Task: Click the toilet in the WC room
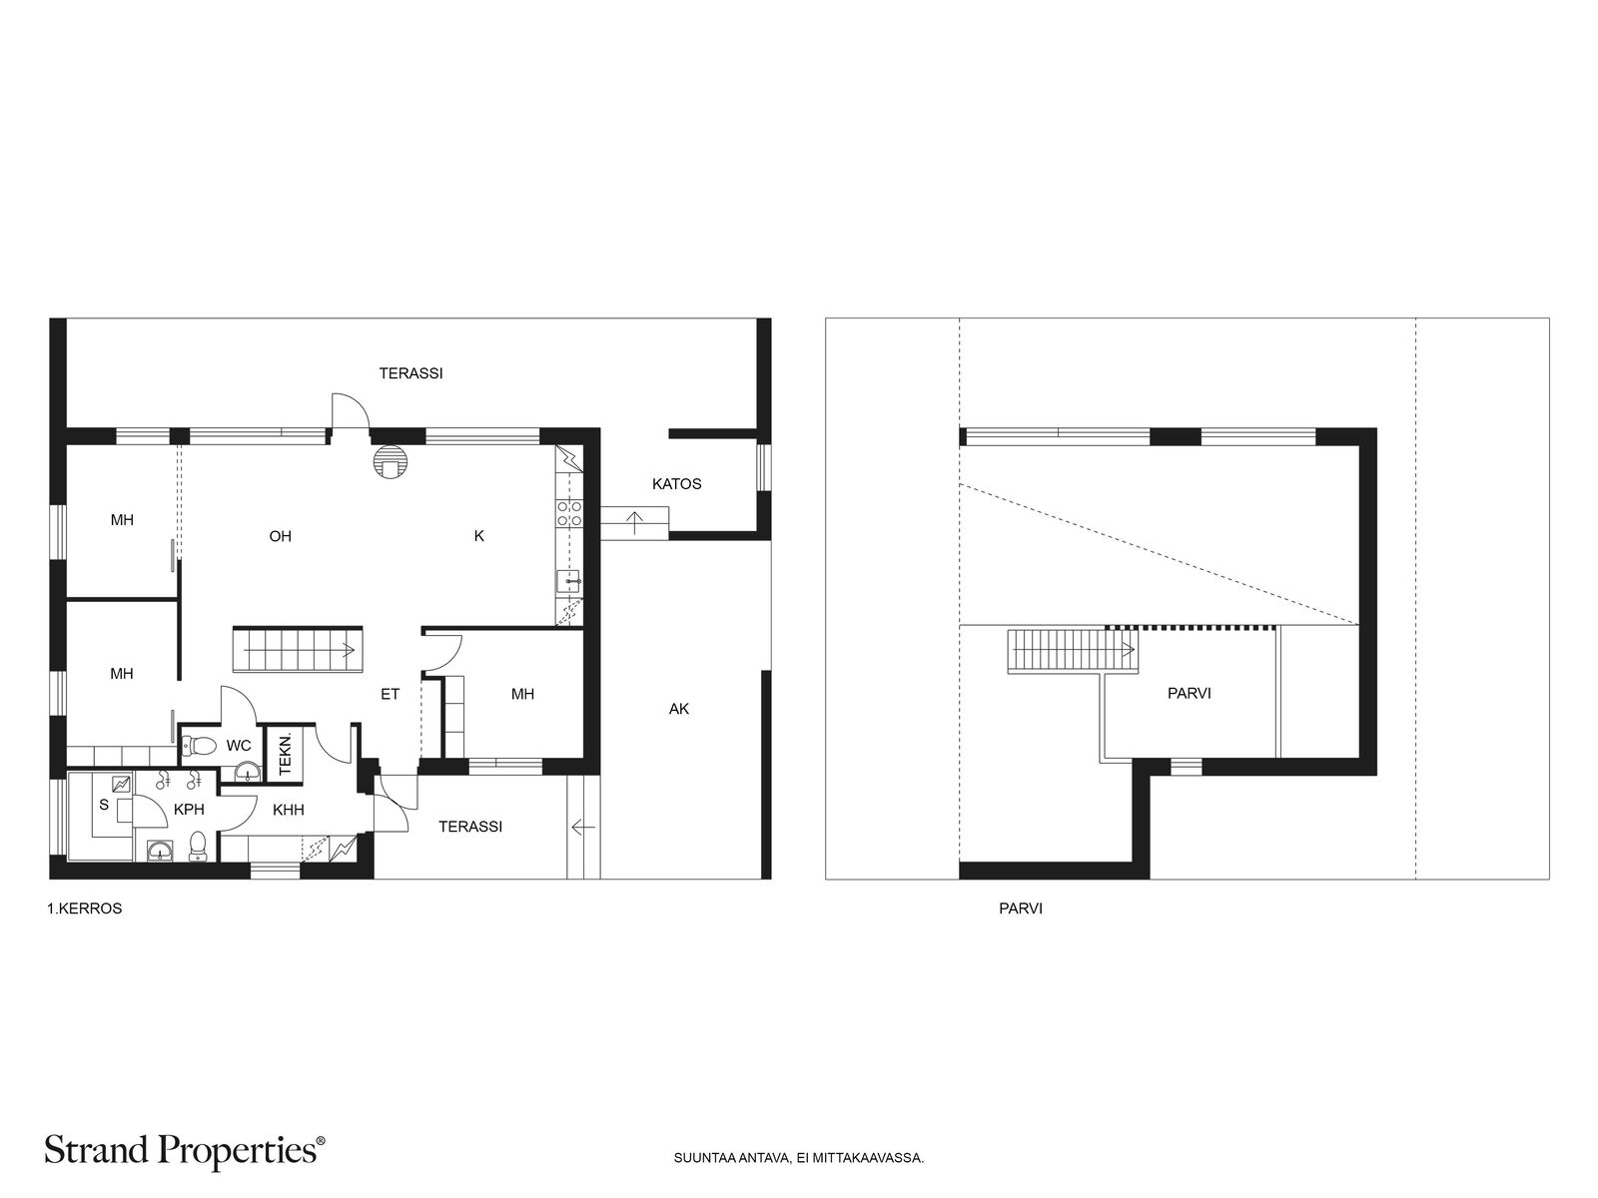tap(201, 745)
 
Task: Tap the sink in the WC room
tap(249, 771)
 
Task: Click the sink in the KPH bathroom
tap(160, 850)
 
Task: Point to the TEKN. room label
tap(286, 754)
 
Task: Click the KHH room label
tap(289, 810)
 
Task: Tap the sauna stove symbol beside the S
tap(121, 784)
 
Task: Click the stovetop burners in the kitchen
tap(569, 513)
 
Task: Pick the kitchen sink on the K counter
tap(569, 581)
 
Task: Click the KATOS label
tap(676, 484)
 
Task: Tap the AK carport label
tap(678, 709)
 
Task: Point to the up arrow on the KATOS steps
tap(635, 523)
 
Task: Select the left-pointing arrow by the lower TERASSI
tap(583, 827)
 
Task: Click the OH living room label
tap(281, 536)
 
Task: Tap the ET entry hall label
tap(391, 694)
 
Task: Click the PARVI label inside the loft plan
tap(1189, 693)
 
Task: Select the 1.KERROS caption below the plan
tap(85, 908)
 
